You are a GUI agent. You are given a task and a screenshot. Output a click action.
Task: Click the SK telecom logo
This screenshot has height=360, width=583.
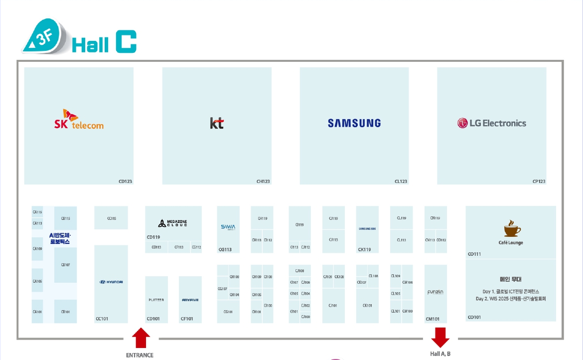coord(79,120)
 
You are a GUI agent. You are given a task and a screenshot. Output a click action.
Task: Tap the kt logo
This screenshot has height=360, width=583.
coord(217,123)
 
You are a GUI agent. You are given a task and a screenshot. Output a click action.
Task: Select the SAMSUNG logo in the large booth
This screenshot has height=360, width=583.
coord(354,123)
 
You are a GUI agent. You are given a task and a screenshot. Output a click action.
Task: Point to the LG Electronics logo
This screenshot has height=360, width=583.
coord(491,123)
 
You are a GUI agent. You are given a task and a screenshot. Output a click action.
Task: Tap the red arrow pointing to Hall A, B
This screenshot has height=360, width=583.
coord(440,337)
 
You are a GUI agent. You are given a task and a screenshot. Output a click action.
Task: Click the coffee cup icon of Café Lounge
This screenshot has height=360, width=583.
coord(511,229)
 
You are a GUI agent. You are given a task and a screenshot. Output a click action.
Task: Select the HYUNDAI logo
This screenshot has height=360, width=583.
coord(111,282)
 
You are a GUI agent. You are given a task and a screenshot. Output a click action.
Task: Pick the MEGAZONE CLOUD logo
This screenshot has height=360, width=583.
coord(173,223)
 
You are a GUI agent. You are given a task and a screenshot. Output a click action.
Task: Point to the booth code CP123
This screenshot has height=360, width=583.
coord(539,181)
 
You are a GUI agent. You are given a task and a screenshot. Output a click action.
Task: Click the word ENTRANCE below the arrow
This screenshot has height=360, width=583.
coord(140,356)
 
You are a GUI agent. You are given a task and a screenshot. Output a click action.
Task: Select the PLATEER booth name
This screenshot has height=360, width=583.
coord(156,300)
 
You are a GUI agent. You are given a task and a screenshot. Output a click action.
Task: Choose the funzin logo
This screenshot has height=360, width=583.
coord(436,292)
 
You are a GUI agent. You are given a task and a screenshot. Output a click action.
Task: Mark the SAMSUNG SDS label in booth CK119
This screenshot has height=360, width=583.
coord(367,229)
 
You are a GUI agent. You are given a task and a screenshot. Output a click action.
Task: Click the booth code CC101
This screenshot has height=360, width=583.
coord(102,319)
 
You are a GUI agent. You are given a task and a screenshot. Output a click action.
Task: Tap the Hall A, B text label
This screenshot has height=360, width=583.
coord(440,354)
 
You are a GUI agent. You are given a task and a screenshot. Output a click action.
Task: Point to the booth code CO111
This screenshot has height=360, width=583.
coord(474,254)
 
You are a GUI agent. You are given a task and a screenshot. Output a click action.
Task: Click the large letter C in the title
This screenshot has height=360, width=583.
coord(126,42)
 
